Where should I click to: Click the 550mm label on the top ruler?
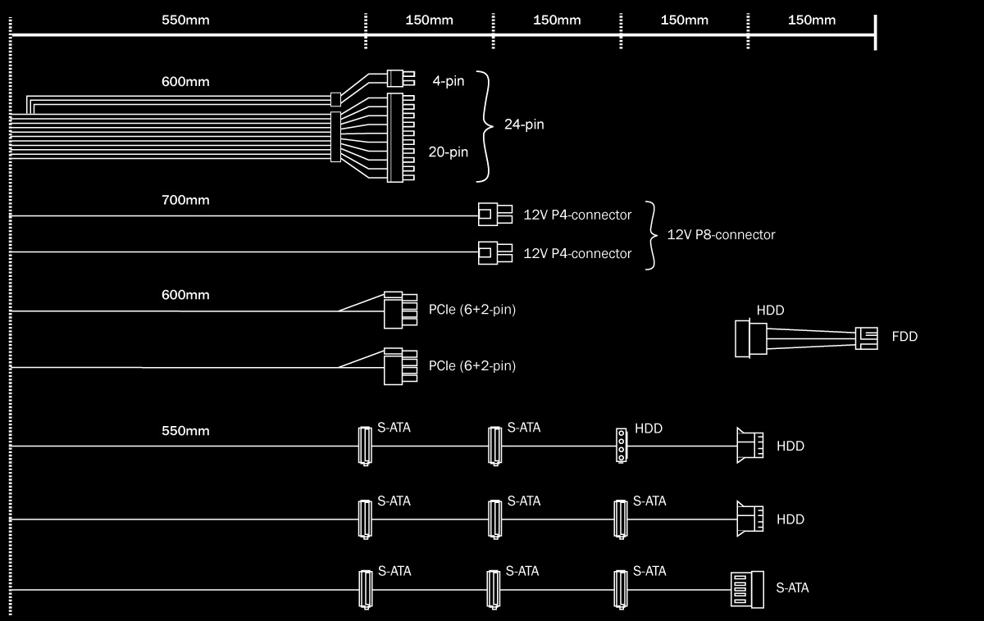point(187,20)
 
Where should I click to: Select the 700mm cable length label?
point(185,200)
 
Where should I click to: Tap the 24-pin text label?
point(525,125)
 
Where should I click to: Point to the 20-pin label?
point(449,152)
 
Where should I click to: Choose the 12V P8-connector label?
point(721,234)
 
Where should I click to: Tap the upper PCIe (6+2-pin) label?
point(471,310)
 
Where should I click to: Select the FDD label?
point(904,337)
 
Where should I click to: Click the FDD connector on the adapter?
point(867,337)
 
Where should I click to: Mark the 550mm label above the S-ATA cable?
point(185,431)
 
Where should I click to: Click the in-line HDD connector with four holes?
point(622,446)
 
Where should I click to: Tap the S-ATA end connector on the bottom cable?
point(746,589)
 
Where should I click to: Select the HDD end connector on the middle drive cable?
point(749,519)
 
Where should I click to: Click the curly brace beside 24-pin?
point(485,125)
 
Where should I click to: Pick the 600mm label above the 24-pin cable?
point(185,82)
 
